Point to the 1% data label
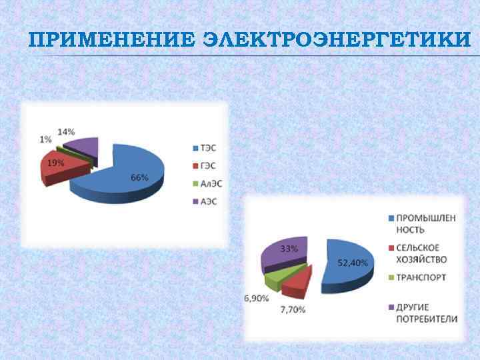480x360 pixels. [x=45, y=139]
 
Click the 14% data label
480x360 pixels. [x=66, y=131]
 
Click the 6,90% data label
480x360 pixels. [x=257, y=299]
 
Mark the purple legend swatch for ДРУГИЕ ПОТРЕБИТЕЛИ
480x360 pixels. [x=390, y=307]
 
